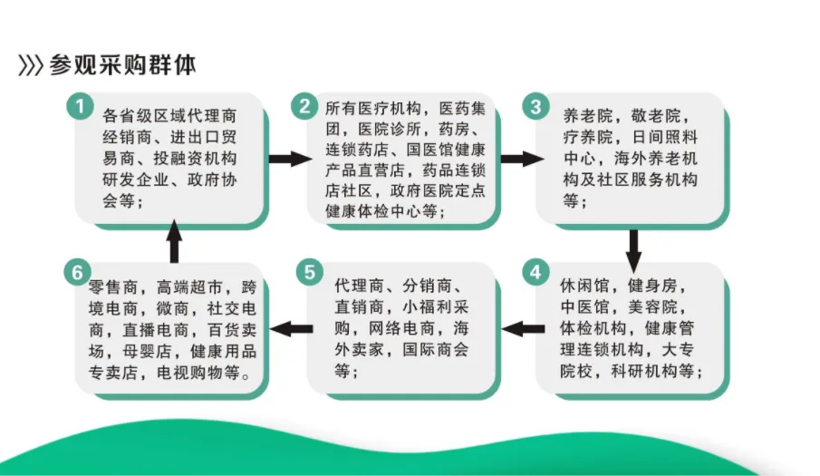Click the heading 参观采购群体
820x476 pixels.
click(123, 64)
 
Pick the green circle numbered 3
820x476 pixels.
click(535, 107)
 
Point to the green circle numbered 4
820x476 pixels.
click(535, 273)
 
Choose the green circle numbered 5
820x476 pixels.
click(308, 273)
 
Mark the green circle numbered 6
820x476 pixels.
click(79, 273)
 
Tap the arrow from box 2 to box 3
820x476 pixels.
click(519, 159)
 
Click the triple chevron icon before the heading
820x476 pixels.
click(31, 65)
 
